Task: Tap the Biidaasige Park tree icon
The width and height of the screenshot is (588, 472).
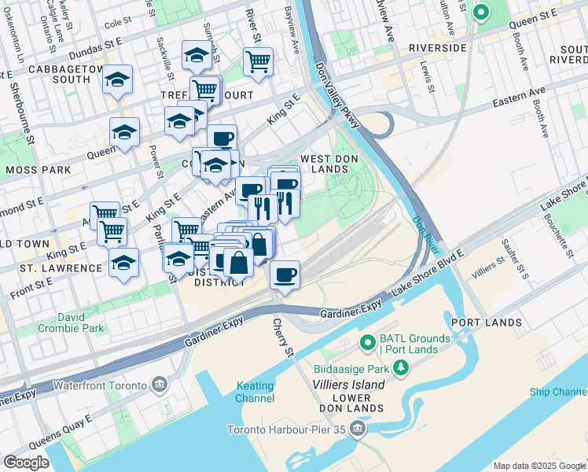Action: point(401,367)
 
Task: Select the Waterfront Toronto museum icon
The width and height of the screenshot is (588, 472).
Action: point(160,385)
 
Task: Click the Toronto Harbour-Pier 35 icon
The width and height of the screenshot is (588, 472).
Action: point(358,430)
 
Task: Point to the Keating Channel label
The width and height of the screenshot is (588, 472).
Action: point(255,392)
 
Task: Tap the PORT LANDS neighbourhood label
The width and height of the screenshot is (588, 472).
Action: point(487,323)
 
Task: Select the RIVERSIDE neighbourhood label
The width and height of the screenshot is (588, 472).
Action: point(437,48)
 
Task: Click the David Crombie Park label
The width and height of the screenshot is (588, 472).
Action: point(81,323)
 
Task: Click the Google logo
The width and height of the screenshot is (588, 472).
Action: point(26,463)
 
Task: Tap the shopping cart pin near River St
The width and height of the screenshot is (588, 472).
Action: point(258,61)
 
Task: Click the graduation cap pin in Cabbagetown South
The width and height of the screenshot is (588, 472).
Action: point(118,80)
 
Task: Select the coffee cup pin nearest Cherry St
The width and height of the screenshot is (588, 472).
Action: point(285,275)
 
